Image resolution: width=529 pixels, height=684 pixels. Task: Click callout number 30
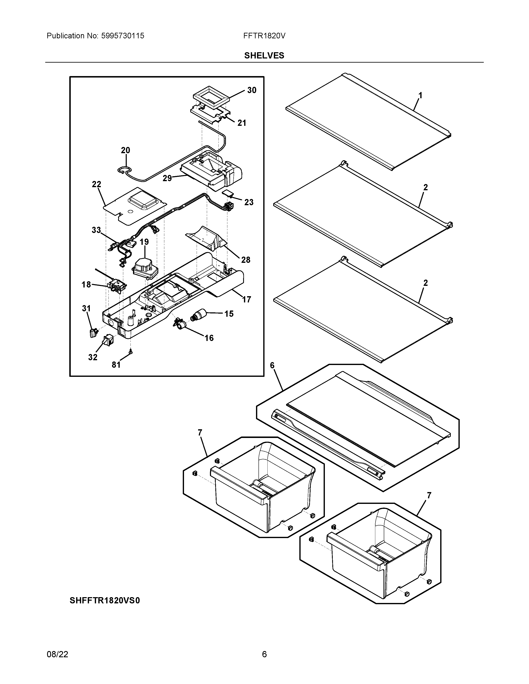252,90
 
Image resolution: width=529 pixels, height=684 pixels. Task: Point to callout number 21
242,123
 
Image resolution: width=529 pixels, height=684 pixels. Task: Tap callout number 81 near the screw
116,365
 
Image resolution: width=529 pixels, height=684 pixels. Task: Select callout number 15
229,313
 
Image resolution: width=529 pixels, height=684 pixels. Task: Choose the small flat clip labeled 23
228,193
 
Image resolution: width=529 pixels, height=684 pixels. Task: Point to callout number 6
272,365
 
